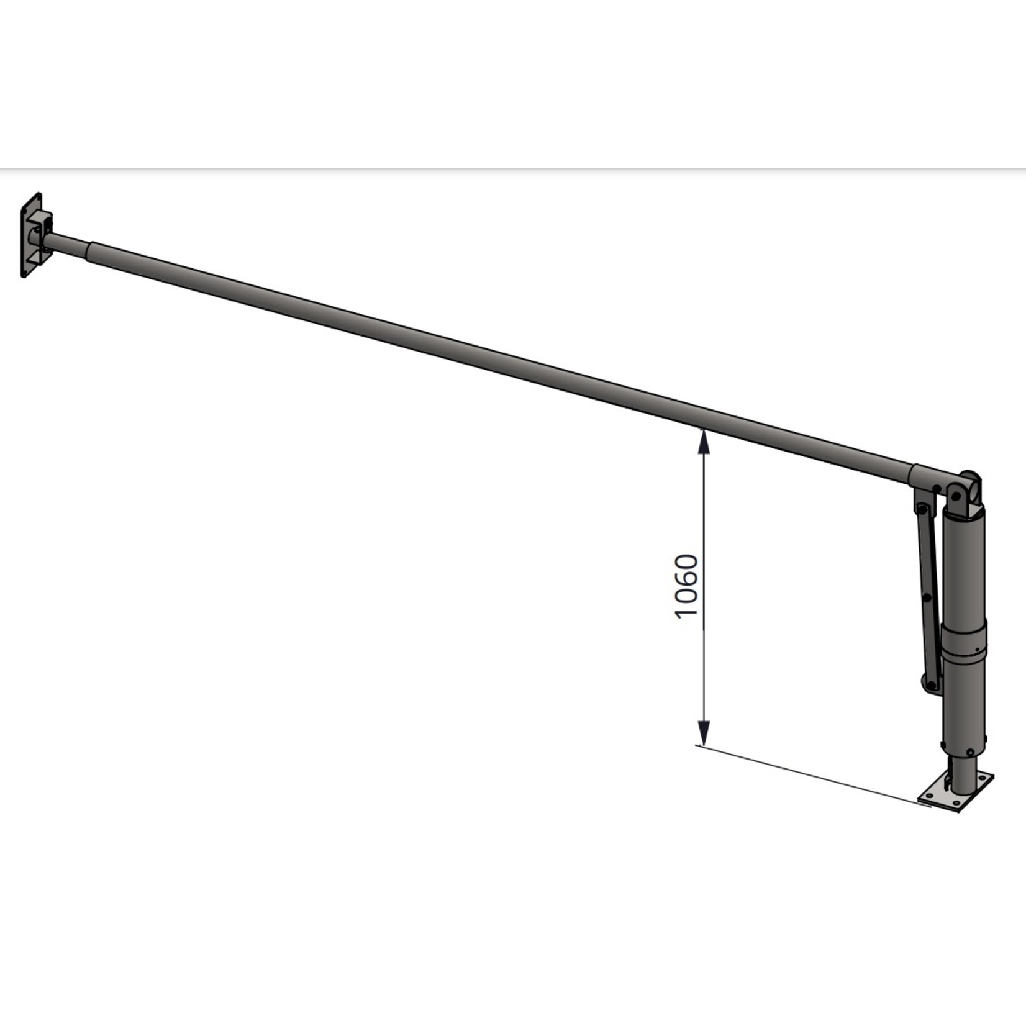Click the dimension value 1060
687,586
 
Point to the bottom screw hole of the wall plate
25,272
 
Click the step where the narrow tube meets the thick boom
88,250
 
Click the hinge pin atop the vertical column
956,496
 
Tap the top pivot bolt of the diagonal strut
922,510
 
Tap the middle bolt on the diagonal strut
927,598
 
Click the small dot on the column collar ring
977,650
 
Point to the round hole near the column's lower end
971,751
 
